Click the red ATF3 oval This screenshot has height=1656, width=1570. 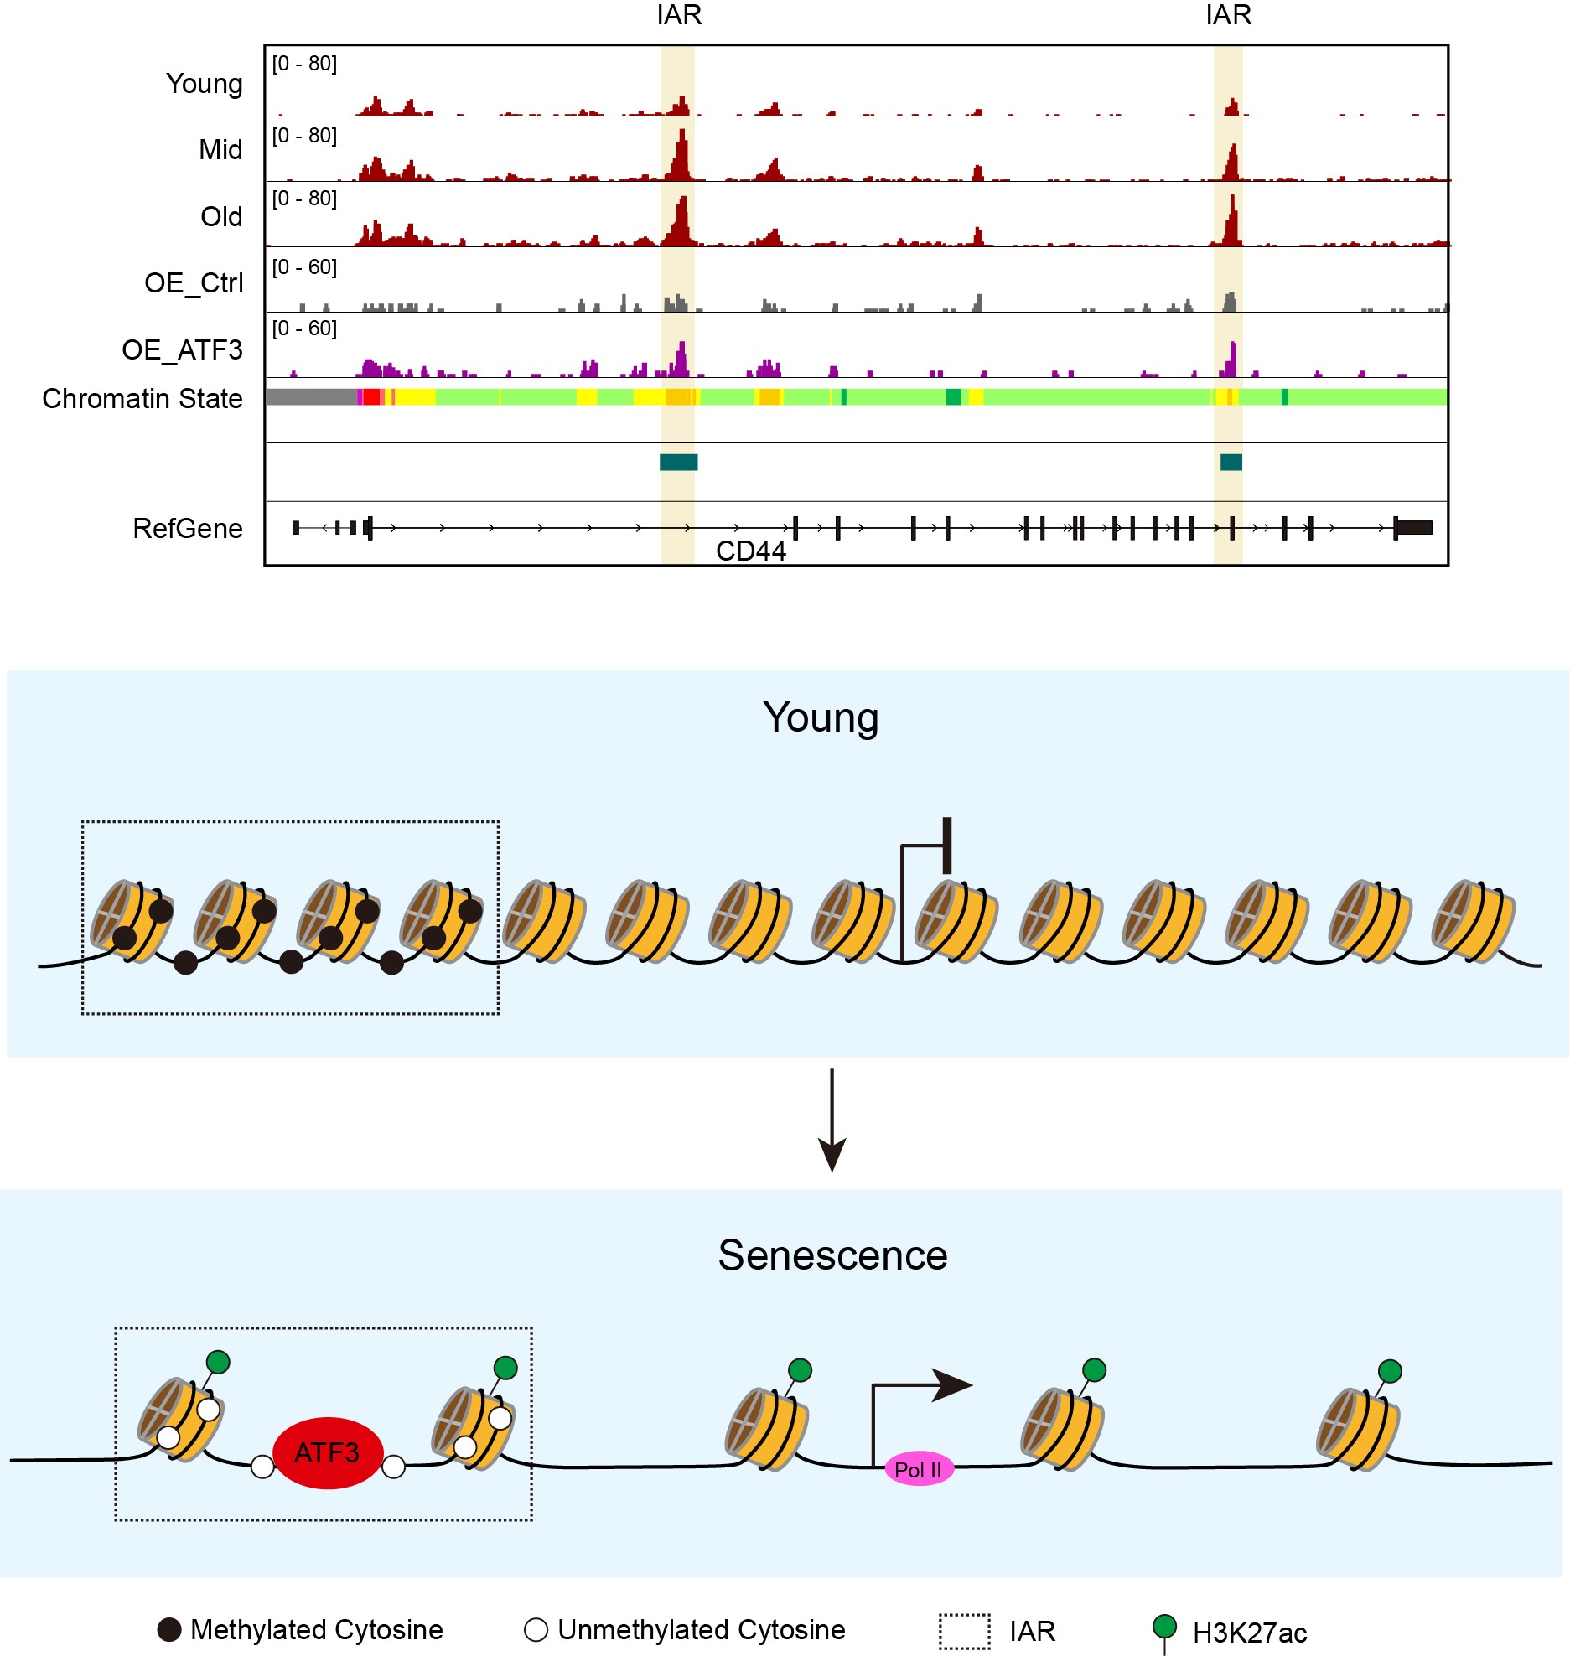click(x=328, y=1452)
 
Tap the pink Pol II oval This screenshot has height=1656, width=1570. click(x=919, y=1469)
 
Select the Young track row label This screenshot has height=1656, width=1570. click(x=205, y=84)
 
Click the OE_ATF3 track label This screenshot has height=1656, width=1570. click(x=182, y=349)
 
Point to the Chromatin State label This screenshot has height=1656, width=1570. click(x=142, y=399)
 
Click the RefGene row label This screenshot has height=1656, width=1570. click(x=188, y=529)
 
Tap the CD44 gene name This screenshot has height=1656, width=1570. click(x=751, y=551)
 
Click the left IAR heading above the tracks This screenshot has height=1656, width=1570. click(x=679, y=15)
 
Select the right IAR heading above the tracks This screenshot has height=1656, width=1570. click(x=1228, y=15)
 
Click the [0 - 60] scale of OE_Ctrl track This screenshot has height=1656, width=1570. click(x=304, y=267)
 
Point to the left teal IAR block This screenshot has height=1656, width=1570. click(x=678, y=463)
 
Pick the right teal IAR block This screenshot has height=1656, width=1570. click(x=1231, y=463)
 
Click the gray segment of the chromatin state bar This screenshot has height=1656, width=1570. click(x=311, y=397)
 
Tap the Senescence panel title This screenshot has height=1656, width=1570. click(x=832, y=1255)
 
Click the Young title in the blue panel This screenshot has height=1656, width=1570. click(x=821, y=718)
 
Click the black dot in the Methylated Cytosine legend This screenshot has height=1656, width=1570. click(x=170, y=1630)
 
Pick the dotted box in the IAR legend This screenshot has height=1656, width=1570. click(x=964, y=1632)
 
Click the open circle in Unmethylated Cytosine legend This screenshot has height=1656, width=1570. click(x=536, y=1630)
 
